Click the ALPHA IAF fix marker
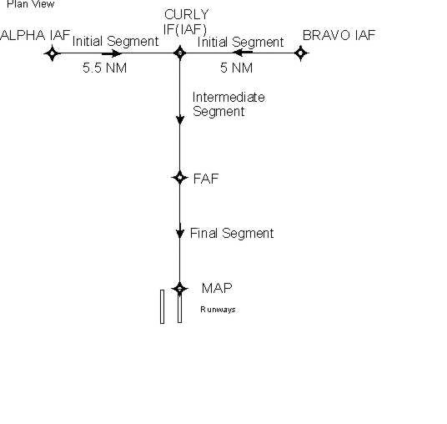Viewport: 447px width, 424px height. tap(53, 53)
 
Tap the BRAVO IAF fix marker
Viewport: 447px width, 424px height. tap(301, 53)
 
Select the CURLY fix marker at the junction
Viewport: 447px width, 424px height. tap(179, 53)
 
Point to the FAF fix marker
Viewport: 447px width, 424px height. tap(179, 178)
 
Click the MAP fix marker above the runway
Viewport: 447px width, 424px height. tap(179, 289)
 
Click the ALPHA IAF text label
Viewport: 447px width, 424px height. tap(35, 35)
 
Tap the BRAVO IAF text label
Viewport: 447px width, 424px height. tap(339, 35)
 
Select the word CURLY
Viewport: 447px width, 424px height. tap(187, 14)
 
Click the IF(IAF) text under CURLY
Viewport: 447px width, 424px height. tap(185, 29)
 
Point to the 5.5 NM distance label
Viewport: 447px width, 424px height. tap(104, 68)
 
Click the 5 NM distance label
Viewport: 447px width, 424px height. tap(236, 68)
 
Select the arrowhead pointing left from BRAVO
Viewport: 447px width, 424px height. tap(243, 53)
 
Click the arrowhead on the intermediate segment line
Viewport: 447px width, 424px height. tap(179, 119)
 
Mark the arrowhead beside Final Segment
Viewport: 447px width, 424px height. tap(179, 231)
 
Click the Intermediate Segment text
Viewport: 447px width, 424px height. tap(229, 104)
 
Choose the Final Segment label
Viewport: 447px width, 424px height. tap(232, 234)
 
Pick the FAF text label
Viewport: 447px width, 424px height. tap(206, 179)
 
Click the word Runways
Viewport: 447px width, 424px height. tap(218, 310)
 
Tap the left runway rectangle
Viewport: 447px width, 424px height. tap(163, 306)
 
